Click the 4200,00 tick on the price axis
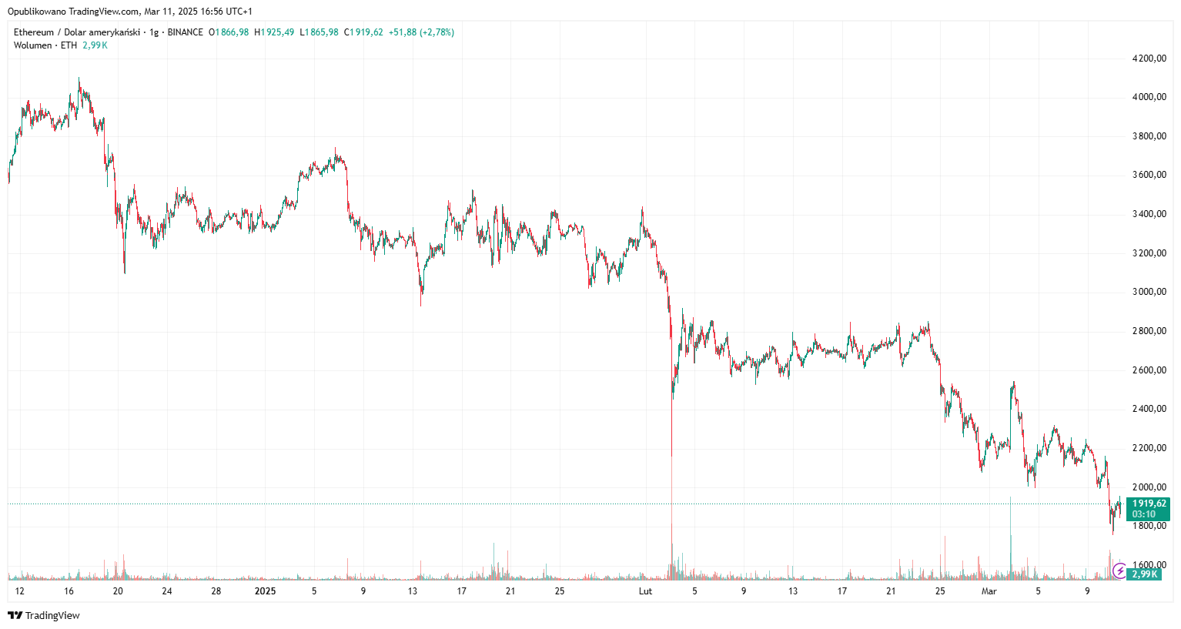[1149, 59]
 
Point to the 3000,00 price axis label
[1149, 292]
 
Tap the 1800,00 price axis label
[1149, 526]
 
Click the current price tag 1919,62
[1149, 504]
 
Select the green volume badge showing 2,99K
[1144, 574]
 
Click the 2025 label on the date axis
[265, 591]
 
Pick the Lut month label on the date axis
[645, 591]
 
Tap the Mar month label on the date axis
[989, 591]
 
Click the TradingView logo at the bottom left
[44, 615]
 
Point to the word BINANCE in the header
[186, 32]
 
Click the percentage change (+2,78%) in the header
[437, 32]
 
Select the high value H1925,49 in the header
[274, 32]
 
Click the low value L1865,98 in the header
[319, 32]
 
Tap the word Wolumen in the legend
[33, 45]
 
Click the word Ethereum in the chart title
[34, 32]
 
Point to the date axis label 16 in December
[69, 591]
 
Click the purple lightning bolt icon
[1119, 571]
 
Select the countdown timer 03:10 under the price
[1143, 514]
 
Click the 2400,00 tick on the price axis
[1149, 409]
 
